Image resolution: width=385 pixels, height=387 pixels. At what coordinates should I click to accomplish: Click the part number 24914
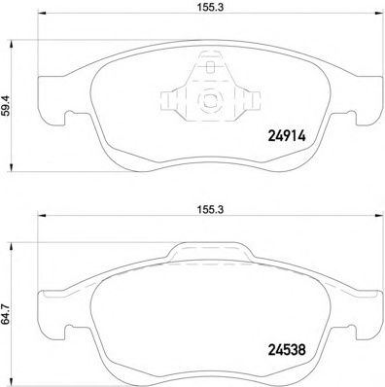click(x=287, y=136)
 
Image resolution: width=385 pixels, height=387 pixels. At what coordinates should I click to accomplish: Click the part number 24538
click(x=287, y=350)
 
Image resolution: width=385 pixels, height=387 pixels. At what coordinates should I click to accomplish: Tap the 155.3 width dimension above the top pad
click(x=211, y=8)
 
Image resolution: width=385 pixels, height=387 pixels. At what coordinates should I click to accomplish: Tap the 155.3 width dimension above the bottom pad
click(x=211, y=210)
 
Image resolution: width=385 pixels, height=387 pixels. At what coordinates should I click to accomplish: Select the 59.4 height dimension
click(x=7, y=105)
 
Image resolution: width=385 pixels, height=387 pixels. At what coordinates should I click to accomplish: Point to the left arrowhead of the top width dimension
click(x=43, y=14)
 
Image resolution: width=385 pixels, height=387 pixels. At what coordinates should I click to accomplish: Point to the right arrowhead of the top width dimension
click(x=379, y=14)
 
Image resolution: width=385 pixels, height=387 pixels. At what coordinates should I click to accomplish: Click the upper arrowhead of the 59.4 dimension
click(x=12, y=45)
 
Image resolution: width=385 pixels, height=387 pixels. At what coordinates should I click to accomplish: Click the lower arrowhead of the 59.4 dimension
click(x=12, y=167)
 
